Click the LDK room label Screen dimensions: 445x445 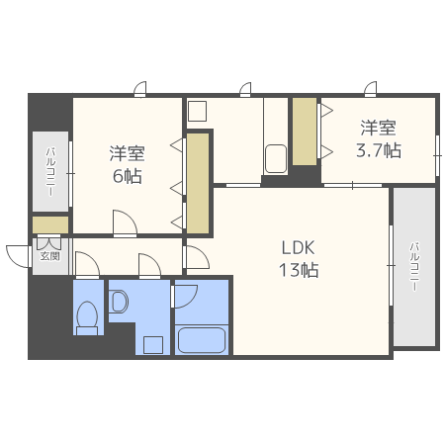coord(299,247)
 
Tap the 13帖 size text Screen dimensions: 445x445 coord(299,270)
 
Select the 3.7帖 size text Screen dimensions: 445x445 coord(379,150)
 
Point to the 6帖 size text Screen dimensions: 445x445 coord(128,176)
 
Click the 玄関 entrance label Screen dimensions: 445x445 coord(50,256)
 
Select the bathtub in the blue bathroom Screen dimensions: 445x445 coord(202,340)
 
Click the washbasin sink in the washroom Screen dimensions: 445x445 coord(119,301)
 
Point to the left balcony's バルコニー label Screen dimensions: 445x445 coord(50,172)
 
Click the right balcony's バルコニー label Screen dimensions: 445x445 coord(414,267)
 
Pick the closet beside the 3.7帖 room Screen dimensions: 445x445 coord(305,132)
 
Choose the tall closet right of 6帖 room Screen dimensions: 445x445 coord(198,183)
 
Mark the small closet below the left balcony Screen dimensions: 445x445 coord(50,224)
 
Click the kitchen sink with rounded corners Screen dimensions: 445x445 coord(276,158)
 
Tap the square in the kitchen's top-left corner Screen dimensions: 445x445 coord(197,111)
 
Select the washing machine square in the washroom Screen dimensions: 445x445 coord(153,345)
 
